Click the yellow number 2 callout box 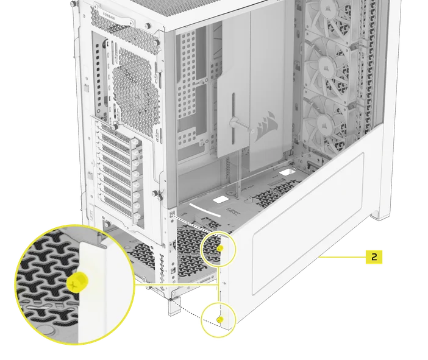374,256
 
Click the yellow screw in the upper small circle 221,249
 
